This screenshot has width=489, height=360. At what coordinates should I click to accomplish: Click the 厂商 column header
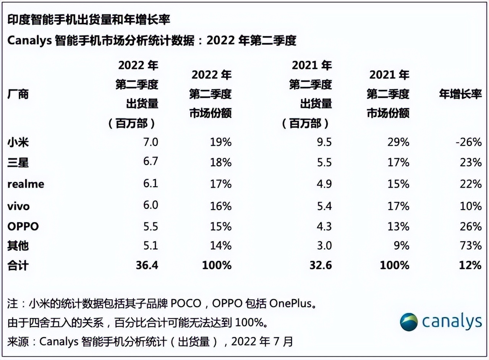[x=18, y=94]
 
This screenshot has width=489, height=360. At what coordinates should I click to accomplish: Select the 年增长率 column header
[x=460, y=94]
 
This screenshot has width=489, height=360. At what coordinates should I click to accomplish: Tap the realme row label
[x=26, y=184]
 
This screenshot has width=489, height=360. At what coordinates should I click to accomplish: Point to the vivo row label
[x=18, y=206]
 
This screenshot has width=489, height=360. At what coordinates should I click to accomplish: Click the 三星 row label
[x=18, y=163]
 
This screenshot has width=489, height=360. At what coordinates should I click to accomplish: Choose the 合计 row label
[x=18, y=265]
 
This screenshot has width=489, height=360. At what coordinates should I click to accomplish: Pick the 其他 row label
[x=18, y=245]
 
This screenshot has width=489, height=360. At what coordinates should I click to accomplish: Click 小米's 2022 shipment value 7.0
[x=150, y=143]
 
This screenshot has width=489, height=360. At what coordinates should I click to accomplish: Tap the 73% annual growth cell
[x=471, y=245]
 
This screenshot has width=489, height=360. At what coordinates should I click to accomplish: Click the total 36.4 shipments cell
[x=147, y=265]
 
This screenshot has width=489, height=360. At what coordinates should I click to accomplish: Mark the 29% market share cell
[x=398, y=143]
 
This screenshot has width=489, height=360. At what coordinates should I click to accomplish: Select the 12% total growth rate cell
[x=471, y=265]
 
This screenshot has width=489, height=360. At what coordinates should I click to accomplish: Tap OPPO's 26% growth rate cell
[x=471, y=226]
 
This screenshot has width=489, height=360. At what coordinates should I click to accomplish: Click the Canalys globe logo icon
[x=409, y=322]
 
